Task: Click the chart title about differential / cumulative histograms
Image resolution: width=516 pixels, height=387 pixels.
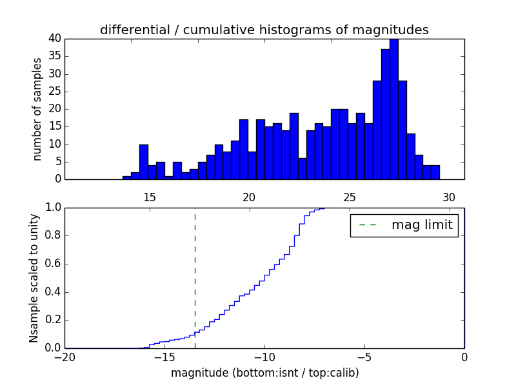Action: (264, 30)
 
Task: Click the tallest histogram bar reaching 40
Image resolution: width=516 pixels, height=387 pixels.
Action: (393, 110)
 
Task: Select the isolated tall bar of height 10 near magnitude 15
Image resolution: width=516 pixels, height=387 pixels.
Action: (144, 162)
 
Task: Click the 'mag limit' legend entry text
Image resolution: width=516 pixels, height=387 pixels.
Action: (422, 225)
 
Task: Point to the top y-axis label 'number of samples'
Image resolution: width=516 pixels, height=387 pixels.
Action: (37, 108)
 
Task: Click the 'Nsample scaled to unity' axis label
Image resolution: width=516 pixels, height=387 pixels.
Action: (34, 277)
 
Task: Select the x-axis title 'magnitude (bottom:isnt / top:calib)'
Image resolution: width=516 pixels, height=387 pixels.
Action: (264, 373)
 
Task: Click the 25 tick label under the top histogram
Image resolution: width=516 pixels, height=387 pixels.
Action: (349, 197)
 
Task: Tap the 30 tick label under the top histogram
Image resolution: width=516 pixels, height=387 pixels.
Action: (450, 197)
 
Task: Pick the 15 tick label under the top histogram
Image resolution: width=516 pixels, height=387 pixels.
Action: (149, 197)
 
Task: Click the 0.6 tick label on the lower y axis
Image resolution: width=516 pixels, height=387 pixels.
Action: (53, 264)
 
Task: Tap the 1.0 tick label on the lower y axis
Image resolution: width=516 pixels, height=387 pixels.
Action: (53, 208)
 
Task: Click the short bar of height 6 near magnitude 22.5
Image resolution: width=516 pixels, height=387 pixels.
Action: (302, 169)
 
